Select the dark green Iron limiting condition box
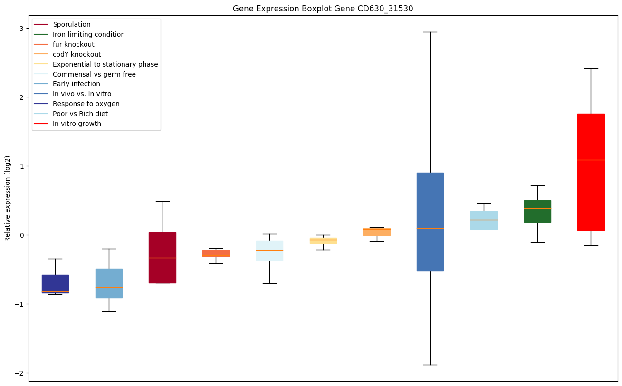(x=537, y=212)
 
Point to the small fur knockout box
(x=216, y=253)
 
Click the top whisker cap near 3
(x=430, y=32)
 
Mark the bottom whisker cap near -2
(x=430, y=365)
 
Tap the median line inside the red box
(x=591, y=160)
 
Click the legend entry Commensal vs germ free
(x=94, y=74)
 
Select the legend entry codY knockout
(x=77, y=54)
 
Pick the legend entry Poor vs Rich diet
(x=80, y=114)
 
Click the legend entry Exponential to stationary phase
(x=105, y=64)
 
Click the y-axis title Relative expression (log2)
(x=8, y=199)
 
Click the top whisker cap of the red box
(x=591, y=68)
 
